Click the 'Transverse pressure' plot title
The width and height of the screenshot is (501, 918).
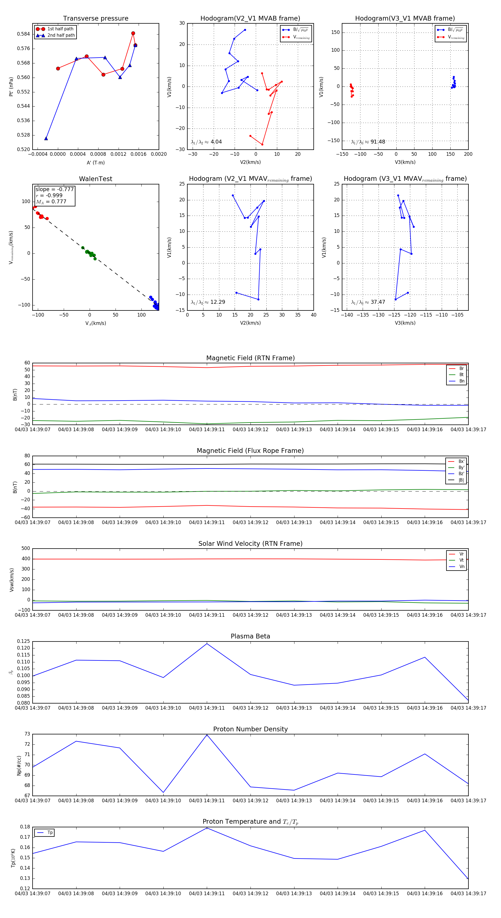pos(95,19)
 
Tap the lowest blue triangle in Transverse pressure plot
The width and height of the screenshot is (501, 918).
pos(46,138)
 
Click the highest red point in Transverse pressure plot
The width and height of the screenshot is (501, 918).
pos(133,33)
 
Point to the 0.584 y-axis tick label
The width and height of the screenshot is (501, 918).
pos(24,34)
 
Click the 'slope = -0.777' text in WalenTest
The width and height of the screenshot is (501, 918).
pos(55,189)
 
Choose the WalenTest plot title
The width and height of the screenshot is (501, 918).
pos(95,179)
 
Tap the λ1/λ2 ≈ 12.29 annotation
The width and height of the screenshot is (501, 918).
pos(208,302)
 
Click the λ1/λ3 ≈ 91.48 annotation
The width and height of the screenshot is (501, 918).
pos(368,142)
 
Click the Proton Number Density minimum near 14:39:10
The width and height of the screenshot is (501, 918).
pos(163,792)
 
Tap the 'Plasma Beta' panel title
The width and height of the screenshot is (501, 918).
pos(250,636)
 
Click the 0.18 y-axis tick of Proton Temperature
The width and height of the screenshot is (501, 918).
pos(25,827)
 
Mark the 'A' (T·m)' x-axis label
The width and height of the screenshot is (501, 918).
pos(95,162)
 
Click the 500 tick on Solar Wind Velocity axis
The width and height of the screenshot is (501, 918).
pos(25,549)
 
